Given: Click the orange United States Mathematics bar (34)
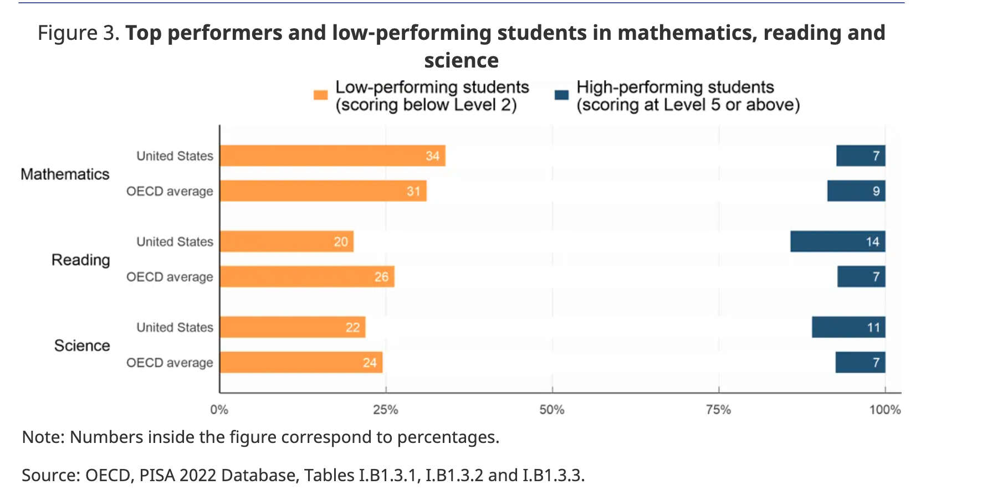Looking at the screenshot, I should pos(333,156).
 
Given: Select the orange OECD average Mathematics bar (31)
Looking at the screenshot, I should pos(323,191).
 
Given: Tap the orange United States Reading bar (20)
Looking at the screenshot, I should pos(287,241).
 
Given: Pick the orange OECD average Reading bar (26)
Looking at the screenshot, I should pos(307,277).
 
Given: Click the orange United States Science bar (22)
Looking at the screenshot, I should pos(293,327).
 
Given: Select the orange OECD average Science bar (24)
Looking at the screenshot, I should pos(301,363).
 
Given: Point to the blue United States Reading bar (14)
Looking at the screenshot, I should pos(837,241).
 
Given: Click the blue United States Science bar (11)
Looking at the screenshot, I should pos(848,327).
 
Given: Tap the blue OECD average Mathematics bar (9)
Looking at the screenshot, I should pos(856,191).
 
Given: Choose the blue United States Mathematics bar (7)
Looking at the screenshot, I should pos(860,156).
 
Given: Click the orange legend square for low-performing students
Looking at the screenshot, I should pos(320,95).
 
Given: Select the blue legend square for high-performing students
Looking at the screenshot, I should pos(561,95).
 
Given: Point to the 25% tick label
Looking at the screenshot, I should pos(386,410).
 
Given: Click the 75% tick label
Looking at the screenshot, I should pos(718,410).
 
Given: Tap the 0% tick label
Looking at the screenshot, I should pos(219,410).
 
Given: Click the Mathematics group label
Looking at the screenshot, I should pos(65,174).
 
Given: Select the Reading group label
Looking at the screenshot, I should pos(81,260).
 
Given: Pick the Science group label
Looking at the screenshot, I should pos(82,346).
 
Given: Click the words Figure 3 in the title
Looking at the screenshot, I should pos(78,33).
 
